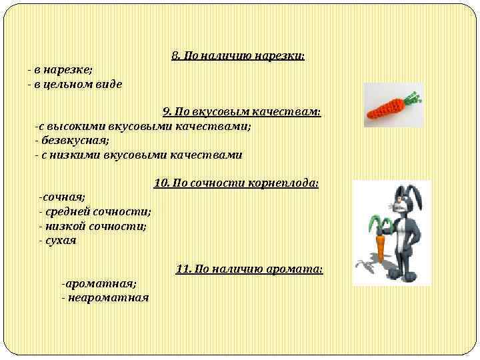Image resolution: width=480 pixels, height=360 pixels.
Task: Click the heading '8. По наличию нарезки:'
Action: point(238,56)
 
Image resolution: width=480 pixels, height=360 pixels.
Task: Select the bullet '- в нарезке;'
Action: point(60,70)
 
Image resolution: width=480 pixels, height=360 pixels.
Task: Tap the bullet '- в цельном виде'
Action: point(75,84)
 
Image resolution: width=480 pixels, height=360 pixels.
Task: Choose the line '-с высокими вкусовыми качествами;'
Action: point(143,126)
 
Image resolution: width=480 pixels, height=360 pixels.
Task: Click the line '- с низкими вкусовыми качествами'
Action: point(139,155)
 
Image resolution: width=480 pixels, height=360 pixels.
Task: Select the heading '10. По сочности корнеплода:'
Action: point(236,183)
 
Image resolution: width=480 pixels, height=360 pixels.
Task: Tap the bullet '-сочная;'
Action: point(62,197)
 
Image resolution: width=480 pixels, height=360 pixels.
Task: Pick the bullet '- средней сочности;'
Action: point(95,212)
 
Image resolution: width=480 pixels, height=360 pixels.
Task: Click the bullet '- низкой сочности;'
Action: point(93,226)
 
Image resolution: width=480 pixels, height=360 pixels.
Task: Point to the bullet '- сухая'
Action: point(58,240)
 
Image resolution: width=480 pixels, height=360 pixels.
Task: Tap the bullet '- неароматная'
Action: point(105,297)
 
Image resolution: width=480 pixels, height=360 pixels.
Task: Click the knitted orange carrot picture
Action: point(393,105)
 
